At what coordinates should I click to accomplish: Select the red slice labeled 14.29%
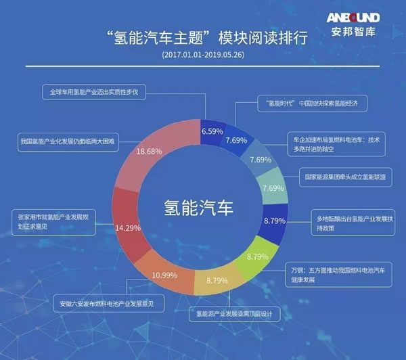[127, 225]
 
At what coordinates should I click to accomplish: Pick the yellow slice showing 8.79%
[217, 280]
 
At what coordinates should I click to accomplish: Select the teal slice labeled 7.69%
[273, 187]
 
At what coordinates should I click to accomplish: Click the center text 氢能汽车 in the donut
[198, 208]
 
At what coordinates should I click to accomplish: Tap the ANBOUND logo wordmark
[353, 18]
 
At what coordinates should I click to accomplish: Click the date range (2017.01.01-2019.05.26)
[203, 55]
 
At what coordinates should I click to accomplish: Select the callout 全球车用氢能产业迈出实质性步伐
[94, 92]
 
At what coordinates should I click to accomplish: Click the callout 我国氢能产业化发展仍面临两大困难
[68, 142]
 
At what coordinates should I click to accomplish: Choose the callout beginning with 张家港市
[53, 223]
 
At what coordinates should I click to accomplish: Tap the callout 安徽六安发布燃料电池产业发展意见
[108, 303]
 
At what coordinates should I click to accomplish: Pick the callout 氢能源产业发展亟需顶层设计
[235, 314]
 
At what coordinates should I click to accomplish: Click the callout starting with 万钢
[339, 275]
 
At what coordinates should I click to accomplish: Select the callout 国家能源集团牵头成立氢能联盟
[346, 177]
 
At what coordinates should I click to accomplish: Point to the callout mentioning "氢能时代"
[312, 104]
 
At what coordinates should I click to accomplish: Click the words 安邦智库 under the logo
[353, 32]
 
